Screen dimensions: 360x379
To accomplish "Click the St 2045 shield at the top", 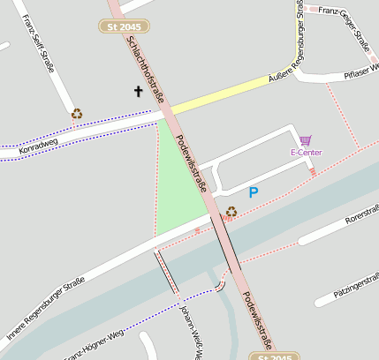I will tap(123, 27).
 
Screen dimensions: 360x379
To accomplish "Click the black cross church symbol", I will tap(138, 91).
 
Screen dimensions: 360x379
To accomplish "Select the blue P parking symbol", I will tap(254, 191).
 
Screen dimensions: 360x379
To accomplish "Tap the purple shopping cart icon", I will tap(306, 140).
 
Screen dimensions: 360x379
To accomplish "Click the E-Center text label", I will tap(306, 153).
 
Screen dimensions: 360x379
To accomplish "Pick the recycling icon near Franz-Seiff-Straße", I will tap(77, 113).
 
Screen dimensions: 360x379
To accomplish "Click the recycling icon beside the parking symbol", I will tap(231, 211).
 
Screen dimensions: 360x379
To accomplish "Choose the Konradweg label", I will tap(38, 145).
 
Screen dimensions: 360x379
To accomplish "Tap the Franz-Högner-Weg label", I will tap(94, 345).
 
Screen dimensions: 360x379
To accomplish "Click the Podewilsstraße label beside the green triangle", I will tap(192, 164).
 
